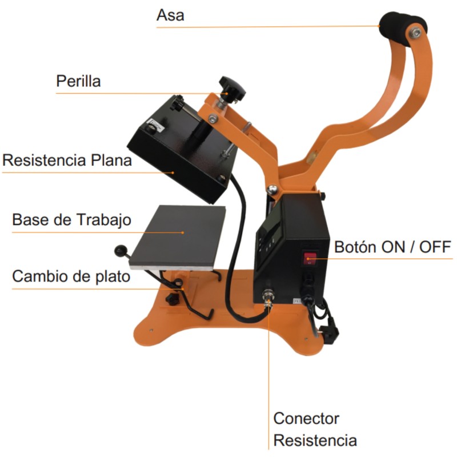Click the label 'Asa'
click(x=170, y=15)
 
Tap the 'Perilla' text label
click(x=78, y=82)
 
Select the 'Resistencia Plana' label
click(x=67, y=161)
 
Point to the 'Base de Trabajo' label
click(x=72, y=221)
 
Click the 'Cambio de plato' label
click(x=71, y=277)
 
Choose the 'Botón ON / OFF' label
click(x=392, y=247)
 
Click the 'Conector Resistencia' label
click(x=315, y=430)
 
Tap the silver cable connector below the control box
click(x=266, y=296)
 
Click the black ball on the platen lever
click(x=121, y=249)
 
